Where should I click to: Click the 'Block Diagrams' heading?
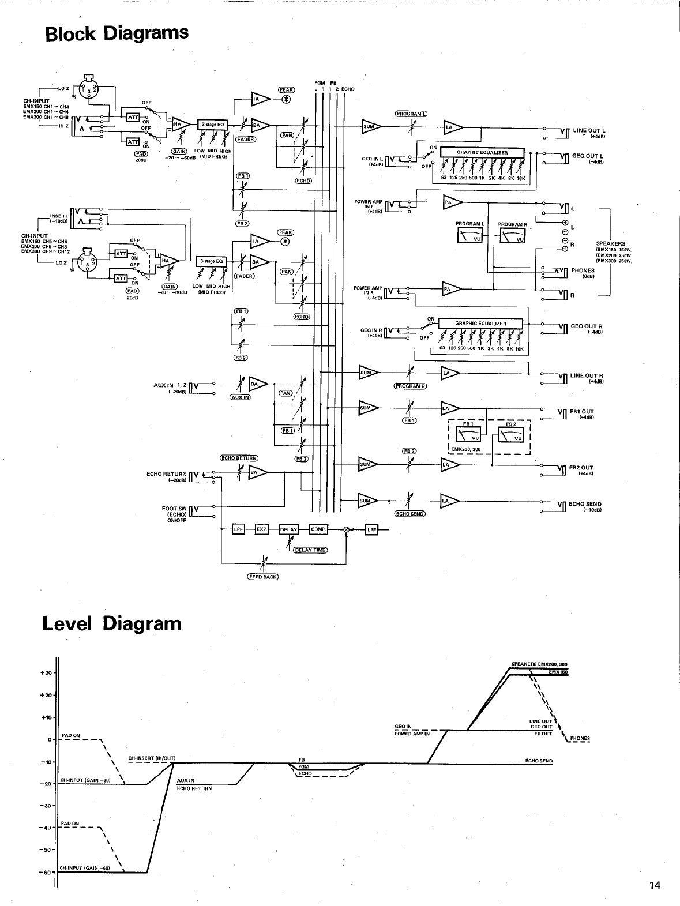[117, 33]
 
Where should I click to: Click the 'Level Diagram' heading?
[112, 623]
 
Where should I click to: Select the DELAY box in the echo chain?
[288, 529]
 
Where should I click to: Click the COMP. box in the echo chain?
[318, 529]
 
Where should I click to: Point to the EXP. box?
[262, 529]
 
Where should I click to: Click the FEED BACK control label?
[263, 577]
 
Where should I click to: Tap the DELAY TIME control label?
[310, 550]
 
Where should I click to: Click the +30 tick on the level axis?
[47, 673]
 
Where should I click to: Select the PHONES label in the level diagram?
[580, 738]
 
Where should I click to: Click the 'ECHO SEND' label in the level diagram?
[539, 761]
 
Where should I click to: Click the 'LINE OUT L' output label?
[587, 131]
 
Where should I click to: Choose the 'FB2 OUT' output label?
[581, 468]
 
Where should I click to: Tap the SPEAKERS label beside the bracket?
[610, 243]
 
